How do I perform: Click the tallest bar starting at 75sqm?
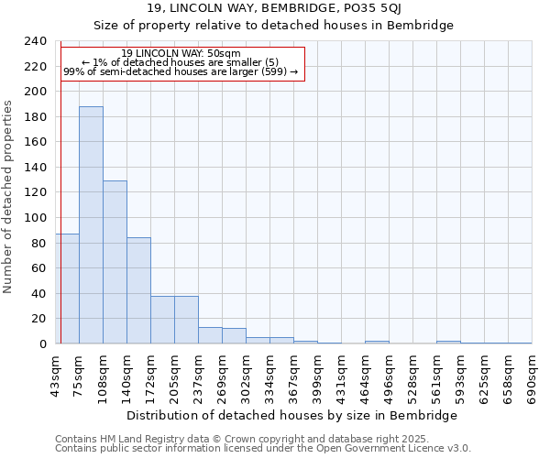coord(91,225)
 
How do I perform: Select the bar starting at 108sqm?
coord(115,262)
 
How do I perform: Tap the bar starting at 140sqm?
coord(138,290)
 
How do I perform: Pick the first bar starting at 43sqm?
coord(67,289)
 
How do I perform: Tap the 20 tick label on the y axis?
coord(39,319)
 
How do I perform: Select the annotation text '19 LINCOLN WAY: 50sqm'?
coord(181,53)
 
